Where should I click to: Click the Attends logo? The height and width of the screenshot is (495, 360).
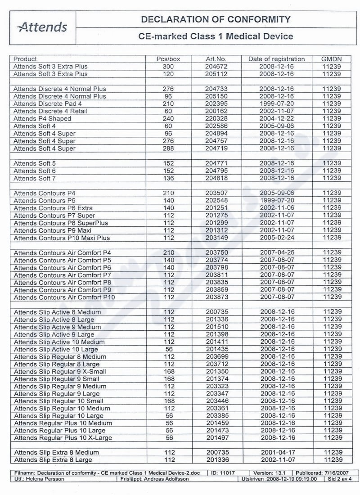coord(42,27)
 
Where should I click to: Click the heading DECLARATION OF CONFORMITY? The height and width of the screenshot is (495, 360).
coord(216,19)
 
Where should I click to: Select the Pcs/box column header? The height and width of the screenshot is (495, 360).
coord(168,59)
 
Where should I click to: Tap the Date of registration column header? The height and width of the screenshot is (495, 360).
coord(276,59)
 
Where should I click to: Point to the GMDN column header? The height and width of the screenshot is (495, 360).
coord(332,59)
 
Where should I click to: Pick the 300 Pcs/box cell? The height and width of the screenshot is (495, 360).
coord(168,67)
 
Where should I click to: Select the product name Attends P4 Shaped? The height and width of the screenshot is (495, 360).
coord(42,119)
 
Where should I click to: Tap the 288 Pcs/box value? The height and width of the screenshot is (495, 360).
coord(168,148)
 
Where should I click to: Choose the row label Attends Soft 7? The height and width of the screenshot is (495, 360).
coord(35,178)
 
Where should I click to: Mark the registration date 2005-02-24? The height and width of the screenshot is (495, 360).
coord(276,238)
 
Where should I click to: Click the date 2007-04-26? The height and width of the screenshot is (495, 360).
coord(276,253)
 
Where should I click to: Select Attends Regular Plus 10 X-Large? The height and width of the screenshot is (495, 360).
coord(63,438)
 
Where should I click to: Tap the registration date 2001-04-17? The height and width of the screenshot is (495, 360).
coord(277,452)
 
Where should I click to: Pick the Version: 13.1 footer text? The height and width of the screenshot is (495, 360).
coord(270,473)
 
